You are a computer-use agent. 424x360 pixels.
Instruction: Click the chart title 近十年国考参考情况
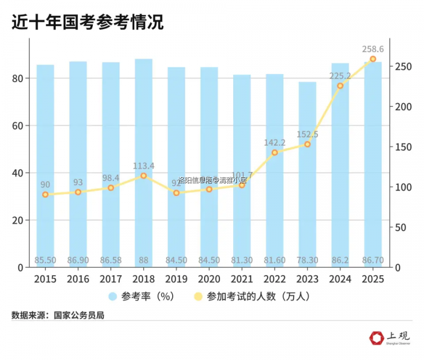(87, 22)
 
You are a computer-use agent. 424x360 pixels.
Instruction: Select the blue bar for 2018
(144, 159)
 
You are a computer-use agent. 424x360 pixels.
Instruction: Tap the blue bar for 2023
(307, 175)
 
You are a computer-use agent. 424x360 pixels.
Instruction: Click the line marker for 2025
(373, 59)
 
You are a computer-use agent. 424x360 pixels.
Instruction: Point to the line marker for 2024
(340, 86)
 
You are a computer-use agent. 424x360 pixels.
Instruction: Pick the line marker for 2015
(46, 195)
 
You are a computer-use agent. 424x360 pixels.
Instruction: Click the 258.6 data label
(373, 49)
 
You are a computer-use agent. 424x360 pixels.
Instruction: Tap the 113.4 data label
(144, 166)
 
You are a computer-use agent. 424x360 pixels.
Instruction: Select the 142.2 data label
(275, 143)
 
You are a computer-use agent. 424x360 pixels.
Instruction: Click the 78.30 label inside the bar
(307, 260)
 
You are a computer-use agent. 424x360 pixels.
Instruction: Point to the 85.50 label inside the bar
(46, 260)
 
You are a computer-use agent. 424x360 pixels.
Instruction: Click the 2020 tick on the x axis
(209, 278)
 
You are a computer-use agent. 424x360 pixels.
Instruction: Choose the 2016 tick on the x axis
(78, 278)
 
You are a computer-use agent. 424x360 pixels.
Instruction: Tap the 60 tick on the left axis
(17, 126)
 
